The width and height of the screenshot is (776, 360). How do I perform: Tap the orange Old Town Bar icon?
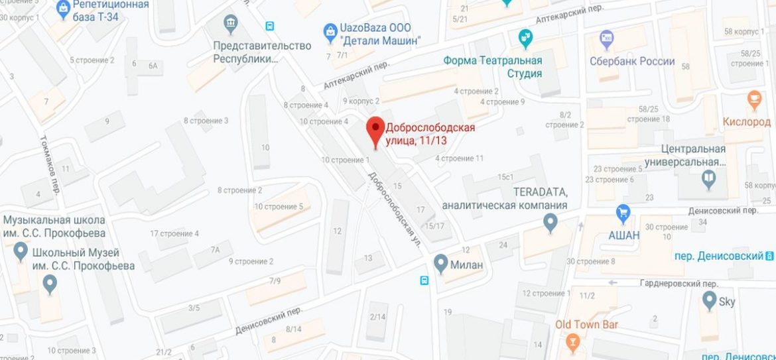coord(573,341)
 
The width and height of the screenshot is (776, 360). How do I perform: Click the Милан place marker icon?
coord(440,264)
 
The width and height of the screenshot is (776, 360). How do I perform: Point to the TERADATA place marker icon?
coord(550,223)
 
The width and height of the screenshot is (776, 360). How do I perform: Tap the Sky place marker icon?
coord(708,302)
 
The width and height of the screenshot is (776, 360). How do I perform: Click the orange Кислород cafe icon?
coord(753,100)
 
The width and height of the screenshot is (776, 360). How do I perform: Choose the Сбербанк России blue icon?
coord(606,38)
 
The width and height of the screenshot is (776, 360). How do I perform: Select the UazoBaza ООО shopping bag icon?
coord(330,30)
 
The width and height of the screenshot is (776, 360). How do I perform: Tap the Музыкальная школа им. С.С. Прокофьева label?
coord(54,226)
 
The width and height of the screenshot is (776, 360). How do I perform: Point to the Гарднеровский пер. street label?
coord(679,283)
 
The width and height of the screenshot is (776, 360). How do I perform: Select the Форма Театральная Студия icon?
coord(526,37)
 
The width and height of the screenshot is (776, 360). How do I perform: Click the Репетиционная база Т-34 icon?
coord(63,8)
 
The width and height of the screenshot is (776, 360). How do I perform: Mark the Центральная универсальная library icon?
coord(708,178)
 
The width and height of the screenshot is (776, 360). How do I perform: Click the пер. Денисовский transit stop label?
coord(719,256)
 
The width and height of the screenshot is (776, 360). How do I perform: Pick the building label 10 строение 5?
coord(279,206)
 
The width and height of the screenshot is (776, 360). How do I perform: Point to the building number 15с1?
coord(506,177)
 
